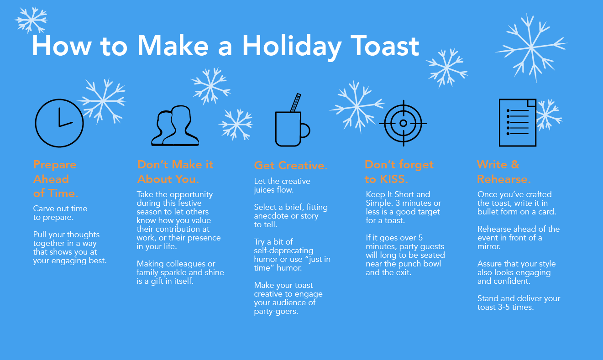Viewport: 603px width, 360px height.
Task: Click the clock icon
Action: (59, 123)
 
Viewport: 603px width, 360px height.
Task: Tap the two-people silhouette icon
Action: (175, 126)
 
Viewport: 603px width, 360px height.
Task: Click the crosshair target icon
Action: (403, 123)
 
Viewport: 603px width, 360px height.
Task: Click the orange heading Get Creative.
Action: (291, 165)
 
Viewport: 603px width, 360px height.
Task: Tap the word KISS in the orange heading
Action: (391, 179)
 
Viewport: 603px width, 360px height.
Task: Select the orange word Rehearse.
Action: (503, 179)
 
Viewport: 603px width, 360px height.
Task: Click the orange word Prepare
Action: (55, 165)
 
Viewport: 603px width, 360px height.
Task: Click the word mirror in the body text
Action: (489, 246)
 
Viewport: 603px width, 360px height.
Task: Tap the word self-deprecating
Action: (283, 250)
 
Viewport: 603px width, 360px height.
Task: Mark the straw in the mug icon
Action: (295, 102)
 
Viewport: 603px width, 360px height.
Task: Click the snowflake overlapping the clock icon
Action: (103, 100)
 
